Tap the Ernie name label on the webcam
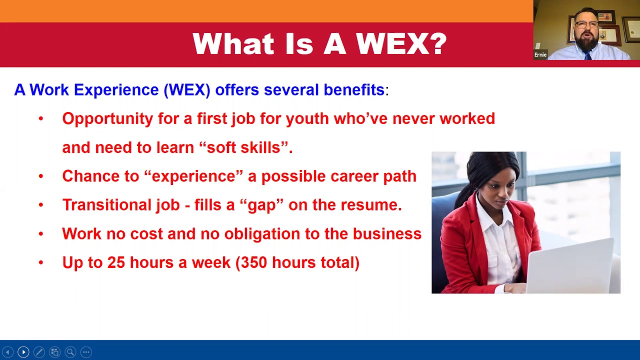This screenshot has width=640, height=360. click(x=540, y=54)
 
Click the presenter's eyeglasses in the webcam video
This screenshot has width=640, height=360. click(x=587, y=24)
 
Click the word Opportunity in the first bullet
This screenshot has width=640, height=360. click(x=107, y=119)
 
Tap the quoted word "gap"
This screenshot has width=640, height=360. click(x=265, y=205)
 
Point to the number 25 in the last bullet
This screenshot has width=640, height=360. click(x=116, y=262)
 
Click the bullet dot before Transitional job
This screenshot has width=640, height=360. click(x=41, y=205)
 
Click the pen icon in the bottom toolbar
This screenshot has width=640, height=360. click(x=39, y=352)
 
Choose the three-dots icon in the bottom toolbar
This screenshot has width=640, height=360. click(x=86, y=352)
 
